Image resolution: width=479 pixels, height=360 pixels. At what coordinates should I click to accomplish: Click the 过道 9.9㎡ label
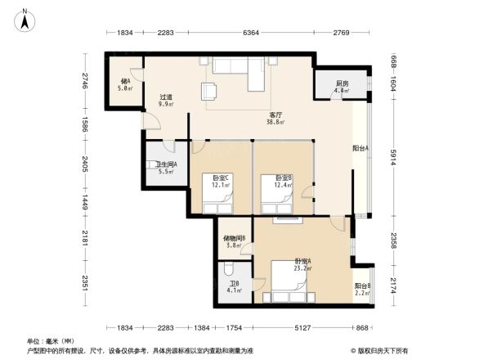(x=167, y=100)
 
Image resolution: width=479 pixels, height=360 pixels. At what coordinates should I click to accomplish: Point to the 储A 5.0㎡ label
(x=126, y=85)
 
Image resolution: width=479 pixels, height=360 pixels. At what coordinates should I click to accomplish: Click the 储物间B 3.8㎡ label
(x=235, y=241)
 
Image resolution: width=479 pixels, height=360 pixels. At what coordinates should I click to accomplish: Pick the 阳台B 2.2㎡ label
(x=363, y=290)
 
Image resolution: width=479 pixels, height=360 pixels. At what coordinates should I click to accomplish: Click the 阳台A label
(x=360, y=148)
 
